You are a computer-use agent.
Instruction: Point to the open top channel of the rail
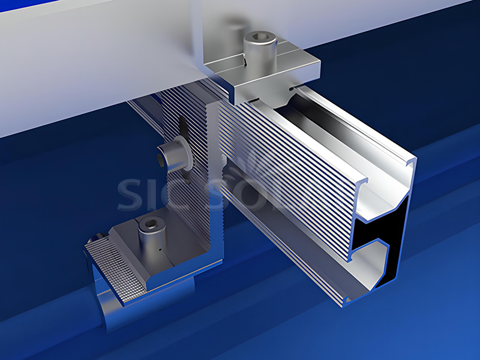point(336,129)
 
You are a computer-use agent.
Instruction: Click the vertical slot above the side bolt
point(182,127)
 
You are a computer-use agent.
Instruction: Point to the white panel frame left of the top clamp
point(90,66)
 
